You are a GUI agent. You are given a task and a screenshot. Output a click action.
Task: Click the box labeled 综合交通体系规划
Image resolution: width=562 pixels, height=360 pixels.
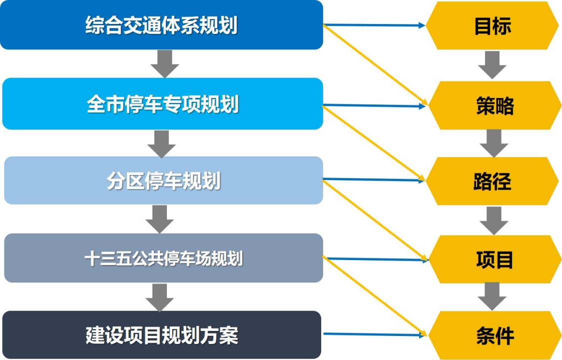pyautogui.click(x=161, y=25)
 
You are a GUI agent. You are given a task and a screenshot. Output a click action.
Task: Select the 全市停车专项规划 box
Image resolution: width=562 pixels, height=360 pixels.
pyautogui.click(x=162, y=104)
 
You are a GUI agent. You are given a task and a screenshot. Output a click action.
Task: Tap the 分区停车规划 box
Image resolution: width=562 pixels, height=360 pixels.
pyautogui.click(x=163, y=180)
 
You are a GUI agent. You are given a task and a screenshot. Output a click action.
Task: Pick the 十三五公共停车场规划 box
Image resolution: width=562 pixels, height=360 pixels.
pyautogui.click(x=163, y=258)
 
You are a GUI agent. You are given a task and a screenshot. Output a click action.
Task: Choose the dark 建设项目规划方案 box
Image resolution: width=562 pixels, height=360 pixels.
pyautogui.click(x=161, y=334)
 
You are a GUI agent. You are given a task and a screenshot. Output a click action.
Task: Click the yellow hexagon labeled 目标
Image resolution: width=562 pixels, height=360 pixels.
pyautogui.click(x=492, y=25)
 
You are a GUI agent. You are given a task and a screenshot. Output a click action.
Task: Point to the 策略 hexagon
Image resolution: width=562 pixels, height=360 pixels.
pyautogui.click(x=494, y=105)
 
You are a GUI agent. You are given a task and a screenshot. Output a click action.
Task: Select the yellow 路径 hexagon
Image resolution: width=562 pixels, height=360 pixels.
pyautogui.click(x=492, y=181)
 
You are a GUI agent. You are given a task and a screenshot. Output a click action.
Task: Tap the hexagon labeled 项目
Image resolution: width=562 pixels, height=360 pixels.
pyautogui.click(x=494, y=259)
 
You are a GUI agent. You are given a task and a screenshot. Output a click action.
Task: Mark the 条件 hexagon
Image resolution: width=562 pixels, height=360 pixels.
pyautogui.click(x=494, y=335)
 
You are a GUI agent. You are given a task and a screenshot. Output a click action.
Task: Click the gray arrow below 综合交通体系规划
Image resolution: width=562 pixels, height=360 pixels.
pyautogui.click(x=165, y=63)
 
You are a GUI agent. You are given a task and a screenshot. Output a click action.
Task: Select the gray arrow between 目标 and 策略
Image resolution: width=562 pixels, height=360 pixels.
pyautogui.click(x=492, y=64)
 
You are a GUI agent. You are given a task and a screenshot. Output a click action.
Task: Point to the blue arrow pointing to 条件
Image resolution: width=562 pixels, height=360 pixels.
pyautogui.click(x=375, y=334)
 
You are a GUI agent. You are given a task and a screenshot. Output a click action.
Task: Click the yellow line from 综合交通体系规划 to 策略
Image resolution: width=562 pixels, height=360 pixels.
pyautogui.click(x=375, y=65)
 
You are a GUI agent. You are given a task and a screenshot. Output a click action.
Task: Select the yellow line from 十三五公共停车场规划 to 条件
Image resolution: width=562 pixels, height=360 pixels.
pyautogui.click(x=375, y=296)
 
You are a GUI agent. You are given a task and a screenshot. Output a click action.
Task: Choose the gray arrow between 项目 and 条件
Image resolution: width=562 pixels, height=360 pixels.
pyautogui.click(x=492, y=296)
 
